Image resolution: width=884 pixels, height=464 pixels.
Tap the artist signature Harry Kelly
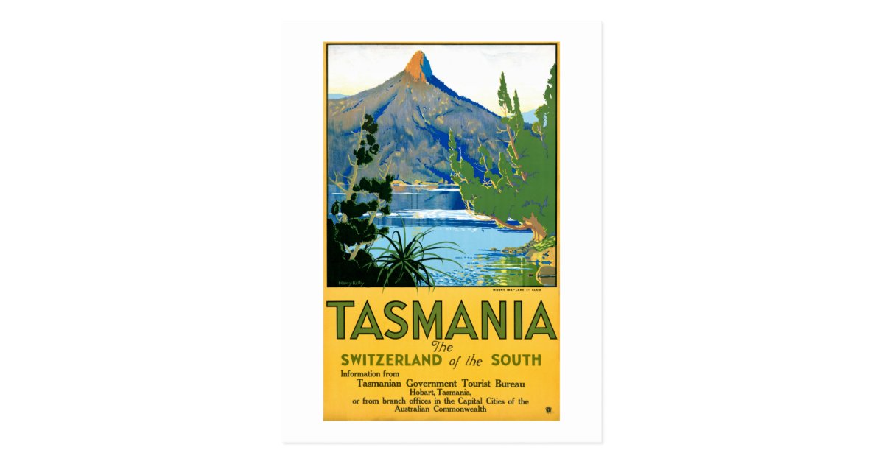346,281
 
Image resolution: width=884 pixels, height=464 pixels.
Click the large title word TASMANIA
441,320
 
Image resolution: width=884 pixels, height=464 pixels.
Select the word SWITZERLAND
391,360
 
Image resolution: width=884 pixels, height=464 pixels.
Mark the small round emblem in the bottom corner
547,411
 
